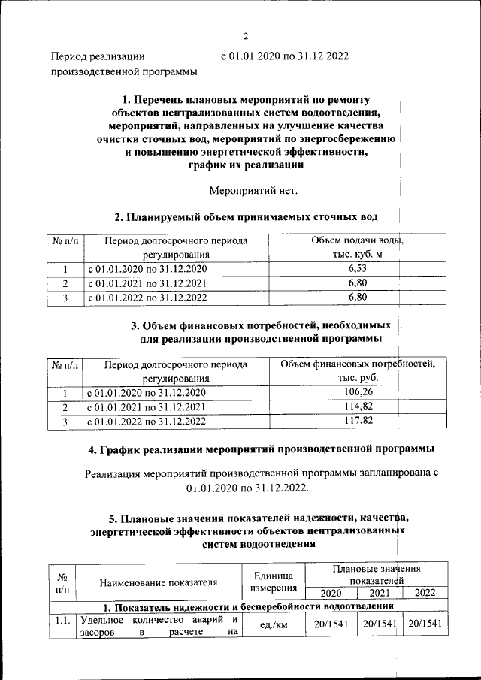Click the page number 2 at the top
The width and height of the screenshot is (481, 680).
(x=245, y=36)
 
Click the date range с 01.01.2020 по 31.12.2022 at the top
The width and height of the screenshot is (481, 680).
(x=284, y=56)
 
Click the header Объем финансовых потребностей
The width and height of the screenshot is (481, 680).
(x=357, y=371)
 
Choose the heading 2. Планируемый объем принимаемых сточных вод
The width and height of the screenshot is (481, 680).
(x=246, y=217)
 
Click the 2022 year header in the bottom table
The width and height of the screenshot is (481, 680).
(x=425, y=593)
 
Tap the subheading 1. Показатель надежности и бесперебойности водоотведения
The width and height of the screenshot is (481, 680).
(x=248, y=606)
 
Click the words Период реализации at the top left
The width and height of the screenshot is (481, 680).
(x=97, y=56)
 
